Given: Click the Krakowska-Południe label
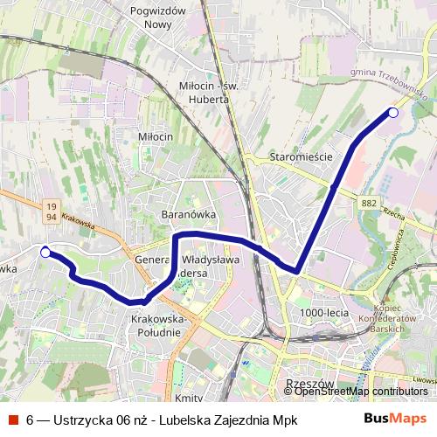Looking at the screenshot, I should [159, 325].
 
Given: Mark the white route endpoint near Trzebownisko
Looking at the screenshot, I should [393, 113].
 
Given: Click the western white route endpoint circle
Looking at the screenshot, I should [45, 253].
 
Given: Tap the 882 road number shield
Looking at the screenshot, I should [368, 203].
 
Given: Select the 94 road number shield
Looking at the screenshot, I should [52, 217].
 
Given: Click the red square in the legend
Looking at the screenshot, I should [14, 420].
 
